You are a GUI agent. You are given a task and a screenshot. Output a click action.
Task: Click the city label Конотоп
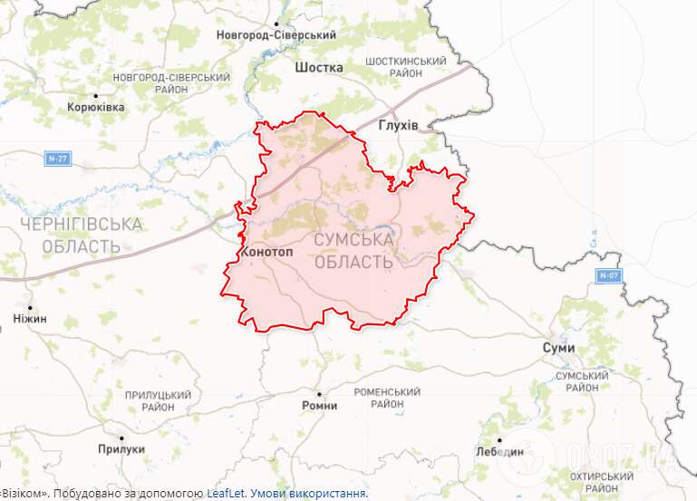pyautogui.click(x=267, y=252)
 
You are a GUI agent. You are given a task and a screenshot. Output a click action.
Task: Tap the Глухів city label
pyautogui.click(x=398, y=125)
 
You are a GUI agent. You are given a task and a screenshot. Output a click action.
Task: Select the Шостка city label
pyautogui.click(x=319, y=67)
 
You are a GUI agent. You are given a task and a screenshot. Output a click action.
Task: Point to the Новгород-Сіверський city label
pyautogui.click(x=276, y=35)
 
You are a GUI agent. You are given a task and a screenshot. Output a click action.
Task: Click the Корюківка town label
pyautogui.click(x=96, y=107)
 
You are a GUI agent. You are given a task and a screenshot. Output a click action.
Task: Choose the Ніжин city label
pyautogui.click(x=30, y=319)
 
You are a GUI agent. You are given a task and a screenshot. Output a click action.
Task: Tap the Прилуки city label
pyautogui.click(x=121, y=448)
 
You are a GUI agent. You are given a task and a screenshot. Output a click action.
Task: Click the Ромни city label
pyautogui.click(x=319, y=405)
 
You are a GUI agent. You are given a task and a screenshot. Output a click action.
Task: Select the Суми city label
pyautogui.click(x=558, y=347)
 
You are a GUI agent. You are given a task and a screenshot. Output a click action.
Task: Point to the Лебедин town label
pyautogui.click(x=499, y=451)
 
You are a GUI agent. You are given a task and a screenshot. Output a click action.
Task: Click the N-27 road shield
pyautogui.click(x=57, y=159)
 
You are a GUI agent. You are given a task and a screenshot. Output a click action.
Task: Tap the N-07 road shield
pyautogui.click(x=609, y=275)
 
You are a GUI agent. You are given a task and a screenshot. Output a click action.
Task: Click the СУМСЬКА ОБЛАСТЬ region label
pyautogui.click(x=353, y=251)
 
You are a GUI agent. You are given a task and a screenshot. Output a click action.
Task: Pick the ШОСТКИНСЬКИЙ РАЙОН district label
pyautogui.click(x=405, y=67)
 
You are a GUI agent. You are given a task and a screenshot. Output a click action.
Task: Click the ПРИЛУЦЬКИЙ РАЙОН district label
pyautogui.click(x=159, y=401)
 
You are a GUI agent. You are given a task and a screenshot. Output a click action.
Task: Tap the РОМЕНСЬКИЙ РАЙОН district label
pyautogui.click(x=387, y=397)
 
